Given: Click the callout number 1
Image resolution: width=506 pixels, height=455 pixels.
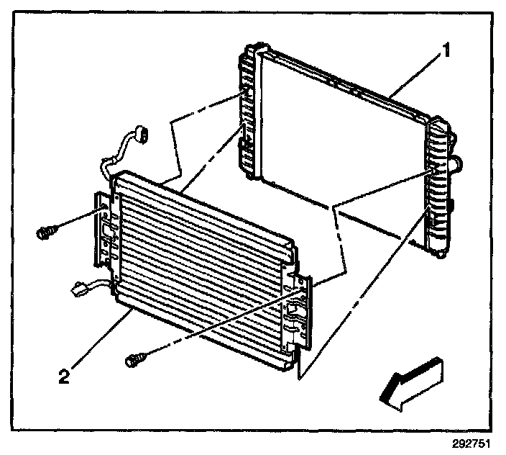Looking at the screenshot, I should (x=446, y=51).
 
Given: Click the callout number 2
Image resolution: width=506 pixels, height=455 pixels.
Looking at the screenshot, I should (x=64, y=377).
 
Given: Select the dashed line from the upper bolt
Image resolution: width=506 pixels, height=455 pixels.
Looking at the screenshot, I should (x=79, y=221).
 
